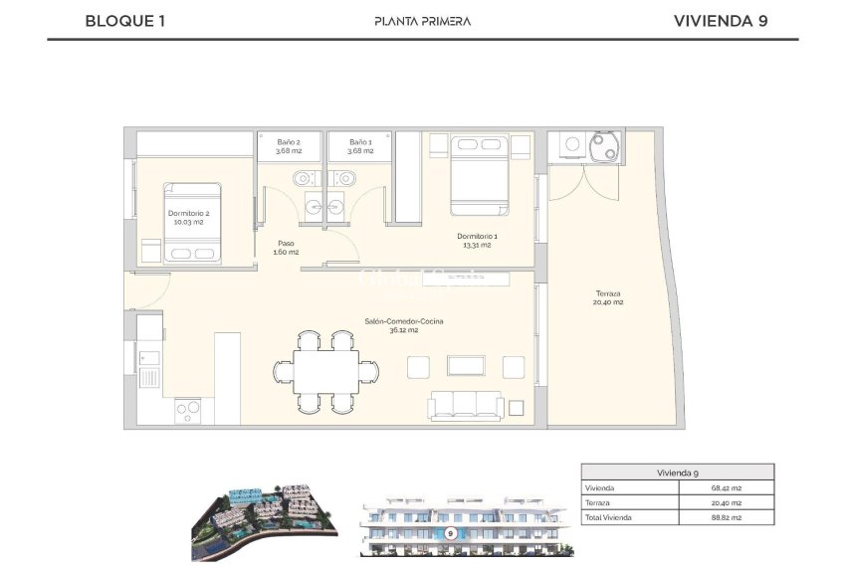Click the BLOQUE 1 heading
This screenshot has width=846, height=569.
(125, 20)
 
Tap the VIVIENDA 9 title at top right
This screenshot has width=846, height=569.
(720, 20)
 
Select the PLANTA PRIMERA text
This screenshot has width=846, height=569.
(422, 21)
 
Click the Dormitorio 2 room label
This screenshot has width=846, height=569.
(188, 217)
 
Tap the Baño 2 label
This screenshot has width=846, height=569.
(289, 146)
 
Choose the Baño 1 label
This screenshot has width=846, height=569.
(359, 146)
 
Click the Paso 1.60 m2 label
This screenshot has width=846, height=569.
(286, 247)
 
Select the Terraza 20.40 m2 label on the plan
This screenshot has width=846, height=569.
(609, 297)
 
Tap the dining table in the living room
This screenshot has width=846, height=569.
(326, 372)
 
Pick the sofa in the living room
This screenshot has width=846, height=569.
(465, 405)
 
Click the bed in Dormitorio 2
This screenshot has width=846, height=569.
(193, 224)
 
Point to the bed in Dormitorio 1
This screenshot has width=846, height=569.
(480, 174)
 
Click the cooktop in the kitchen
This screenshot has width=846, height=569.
(189, 410)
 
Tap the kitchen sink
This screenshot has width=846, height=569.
(148, 377)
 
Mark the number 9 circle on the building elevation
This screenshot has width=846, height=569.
(451, 533)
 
